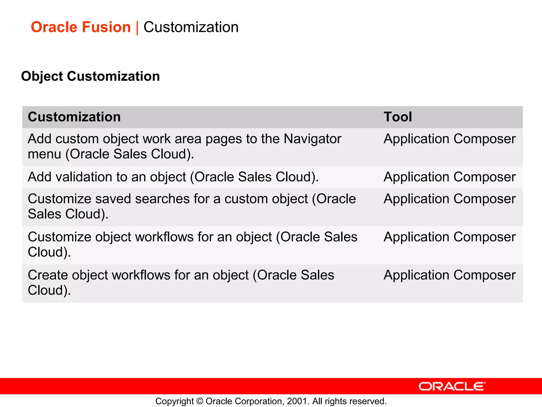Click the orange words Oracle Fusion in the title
81,27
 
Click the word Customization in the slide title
191,27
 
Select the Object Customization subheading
91,76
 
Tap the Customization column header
74,117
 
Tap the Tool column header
398,117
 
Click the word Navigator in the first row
312,139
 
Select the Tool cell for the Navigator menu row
449,139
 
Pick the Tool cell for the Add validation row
449,177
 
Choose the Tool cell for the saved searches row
449,199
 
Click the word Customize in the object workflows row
59,237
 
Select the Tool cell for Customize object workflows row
449,237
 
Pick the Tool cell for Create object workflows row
449,275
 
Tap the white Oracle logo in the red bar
452,386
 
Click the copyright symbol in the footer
200,401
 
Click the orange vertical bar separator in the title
137,28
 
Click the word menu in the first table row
44,154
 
